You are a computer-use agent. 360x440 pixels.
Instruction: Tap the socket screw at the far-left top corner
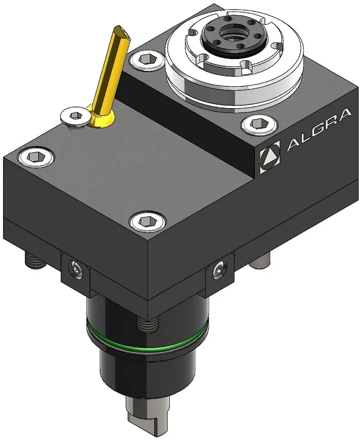coord(35,156)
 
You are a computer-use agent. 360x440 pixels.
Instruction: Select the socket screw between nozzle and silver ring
coord(147,60)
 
